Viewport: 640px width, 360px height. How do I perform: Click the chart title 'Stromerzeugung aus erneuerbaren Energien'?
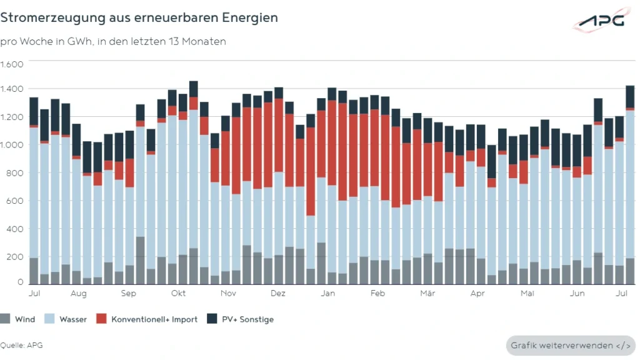click(x=139, y=18)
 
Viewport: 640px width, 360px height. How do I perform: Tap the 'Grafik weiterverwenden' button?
click(x=571, y=345)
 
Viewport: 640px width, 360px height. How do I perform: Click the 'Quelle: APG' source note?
click(x=22, y=345)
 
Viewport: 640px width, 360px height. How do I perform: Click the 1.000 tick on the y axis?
click(x=12, y=145)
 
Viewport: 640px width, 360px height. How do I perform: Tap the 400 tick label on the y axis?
click(x=16, y=229)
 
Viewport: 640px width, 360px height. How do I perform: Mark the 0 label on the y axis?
click(x=20, y=282)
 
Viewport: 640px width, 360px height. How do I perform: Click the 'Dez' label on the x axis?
click(x=278, y=292)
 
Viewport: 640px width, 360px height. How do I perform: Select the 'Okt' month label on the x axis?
click(x=178, y=292)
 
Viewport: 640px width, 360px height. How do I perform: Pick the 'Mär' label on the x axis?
click(x=427, y=292)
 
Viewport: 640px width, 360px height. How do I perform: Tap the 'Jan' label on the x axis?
click(x=327, y=292)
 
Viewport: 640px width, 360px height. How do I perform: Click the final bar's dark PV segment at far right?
click(x=630, y=96)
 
